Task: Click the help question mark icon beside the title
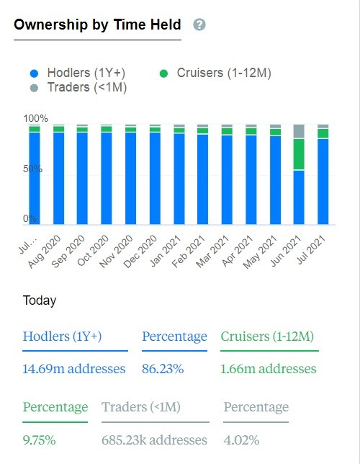pyautogui.click(x=199, y=24)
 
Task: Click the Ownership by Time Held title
pyautogui.click(x=97, y=24)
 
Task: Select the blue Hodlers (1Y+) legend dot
pyautogui.click(x=35, y=73)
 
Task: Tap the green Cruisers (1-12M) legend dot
pyautogui.click(x=163, y=73)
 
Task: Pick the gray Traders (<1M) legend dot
pyautogui.click(x=35, y=88)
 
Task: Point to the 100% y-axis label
pyautogui.click(x=35, y=118)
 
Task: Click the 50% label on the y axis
pyautogui.click(x=32, y=169)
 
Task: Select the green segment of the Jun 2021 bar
pyautogui.click(x=299, y=154)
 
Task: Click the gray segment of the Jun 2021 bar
pyautogui.click(x=299, y=131)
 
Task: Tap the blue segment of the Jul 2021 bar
pyautogui.click(x=323, y=182)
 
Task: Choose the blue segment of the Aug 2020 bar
pyautogui.click(x=58, y=178)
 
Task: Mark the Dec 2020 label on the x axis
pyautogui.click(x=140, y=251)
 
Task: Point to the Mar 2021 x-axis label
pyautogui.click(x=212, y=251)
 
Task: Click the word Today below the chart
pyautogui.click(x=40, y=300)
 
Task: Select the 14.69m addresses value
pyautogui.click(x=74, y=369)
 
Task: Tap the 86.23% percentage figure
pyautogui.click(x=163, y=369)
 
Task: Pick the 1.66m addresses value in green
pyautogui.click(x=269, y=369)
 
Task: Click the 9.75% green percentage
pyautogui.click(x=39, y=440)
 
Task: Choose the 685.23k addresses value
pyautogui.click(x=154, y=440)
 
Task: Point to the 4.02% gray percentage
pyautogui.click(x=241, y=440)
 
